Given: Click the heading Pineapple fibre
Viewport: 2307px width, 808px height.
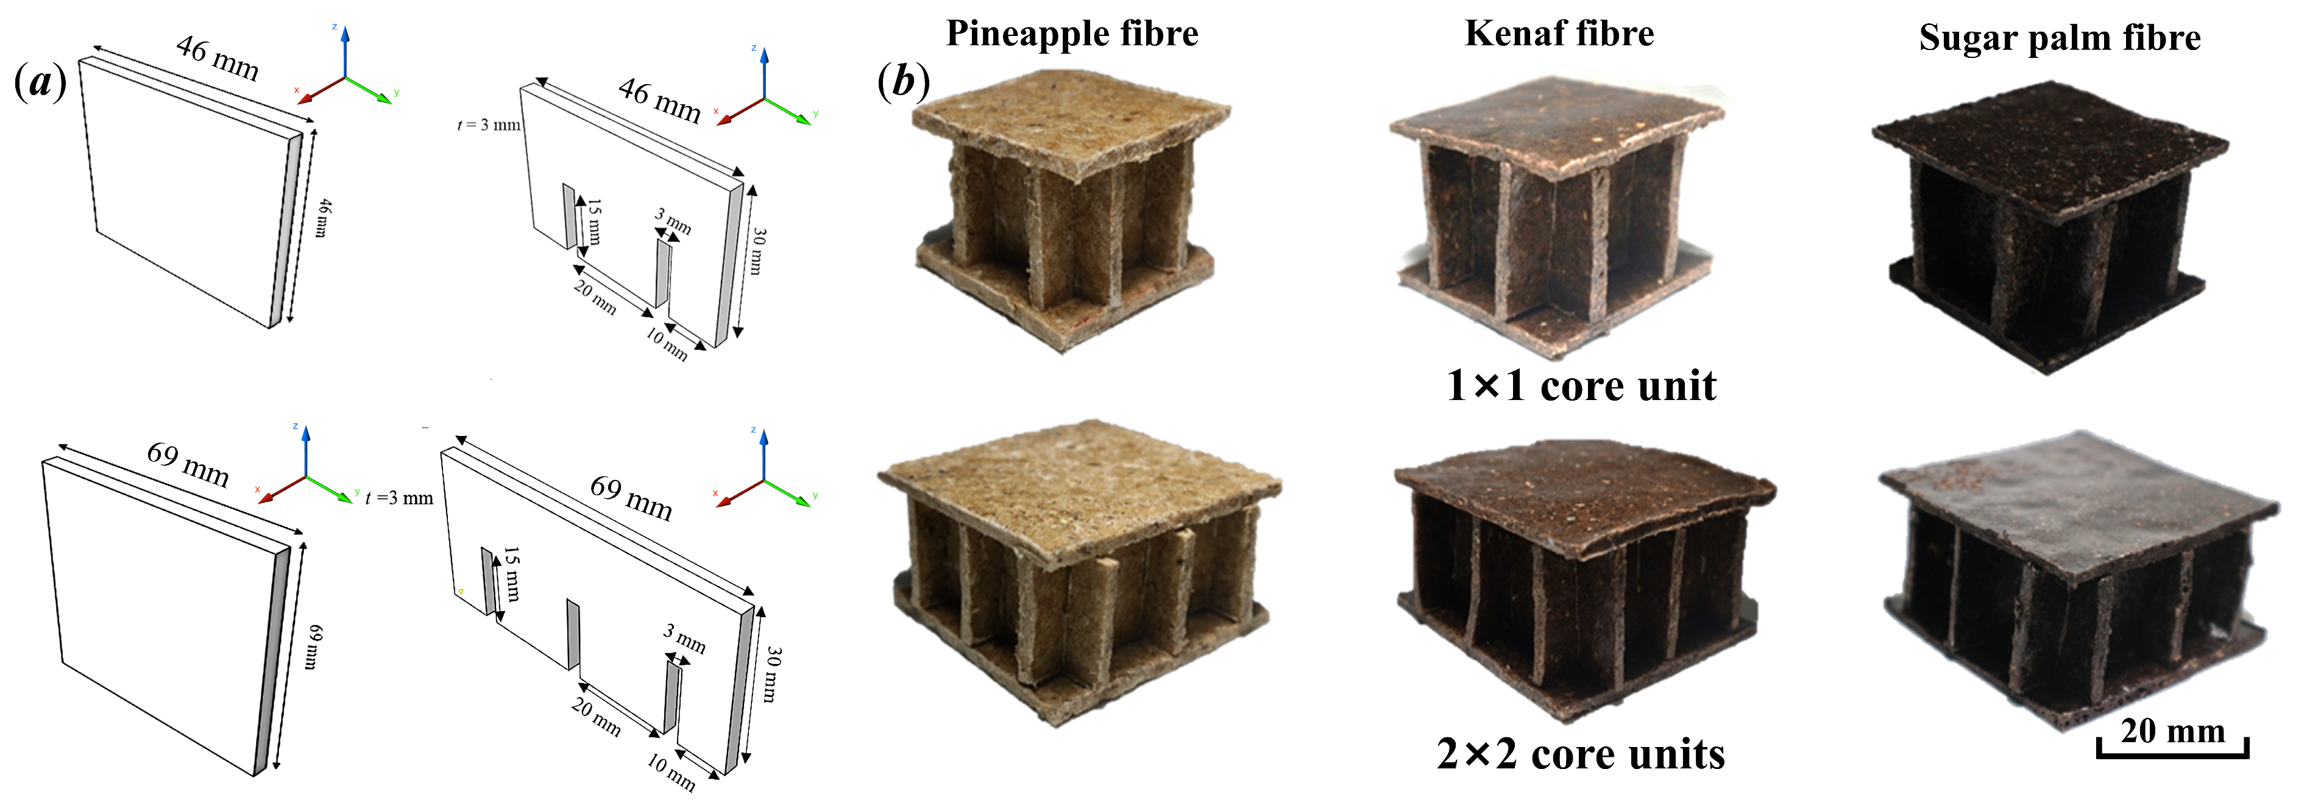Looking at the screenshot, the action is coord(1072,34).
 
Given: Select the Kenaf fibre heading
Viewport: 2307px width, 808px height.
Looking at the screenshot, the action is coord(1559,34).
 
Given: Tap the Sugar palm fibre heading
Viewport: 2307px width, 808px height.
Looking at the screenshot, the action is coord(2059,38).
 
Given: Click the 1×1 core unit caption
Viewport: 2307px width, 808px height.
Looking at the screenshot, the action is coord(1581,386).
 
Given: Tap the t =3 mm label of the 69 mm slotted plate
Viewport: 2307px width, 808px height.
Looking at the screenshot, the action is coord(399,498).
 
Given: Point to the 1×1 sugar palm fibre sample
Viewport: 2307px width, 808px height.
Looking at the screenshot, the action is coord(2051,229).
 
